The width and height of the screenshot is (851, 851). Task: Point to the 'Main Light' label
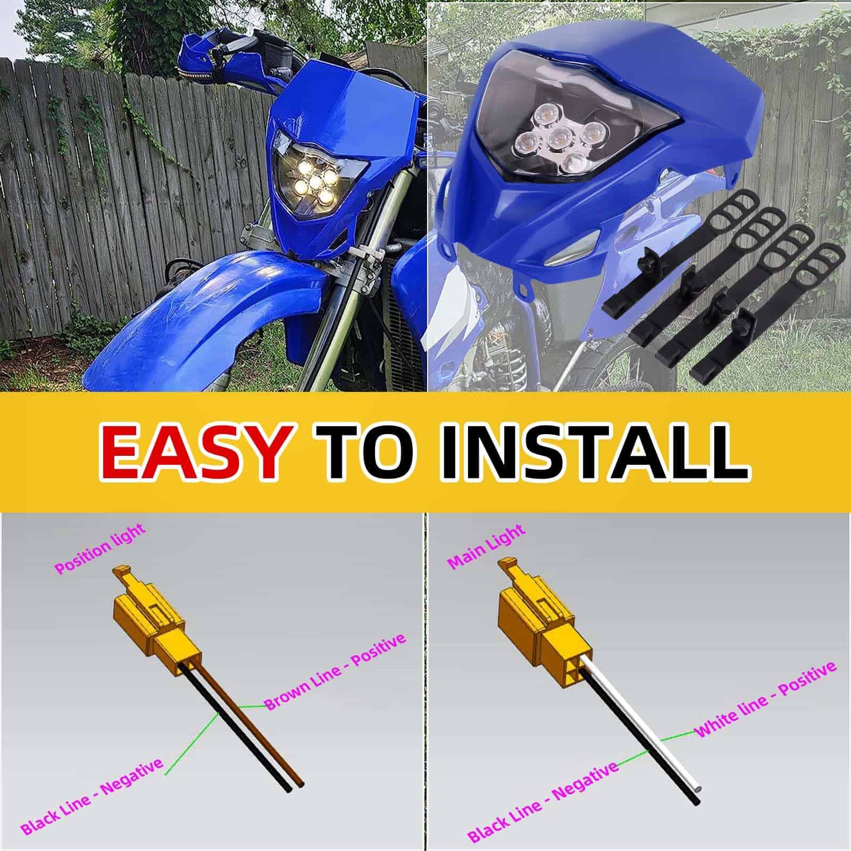click(487, 546)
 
